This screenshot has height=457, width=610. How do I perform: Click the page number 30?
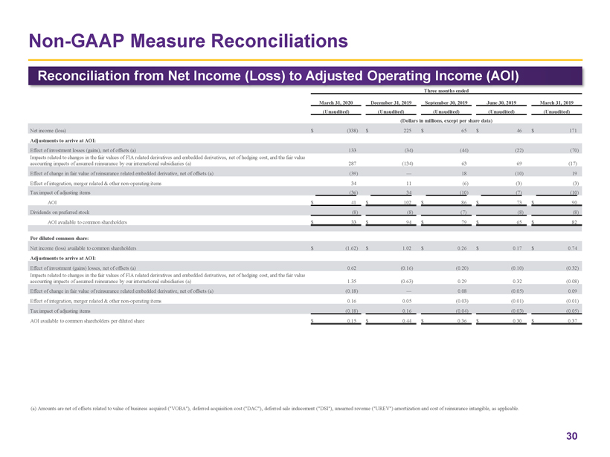pyautogui.click(x=571, y=436)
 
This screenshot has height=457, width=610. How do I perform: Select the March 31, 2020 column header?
pyautogui.click(x=336, y=103)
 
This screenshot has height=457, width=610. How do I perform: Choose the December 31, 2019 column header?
pyautogui.click(x=391, y=103)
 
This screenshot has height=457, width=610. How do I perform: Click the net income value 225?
pyautogui.click(x=406, y=130)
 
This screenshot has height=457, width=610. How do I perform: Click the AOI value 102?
pyautogui.click(x=406, y=201)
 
